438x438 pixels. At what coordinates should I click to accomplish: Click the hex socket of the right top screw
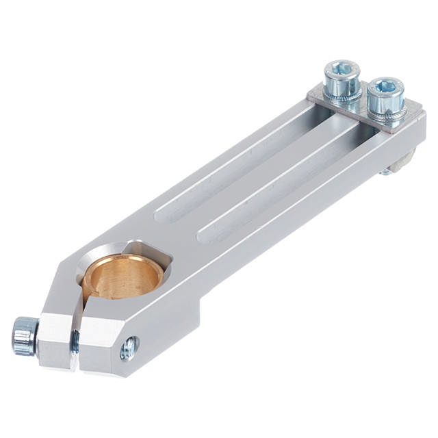pos(386,87)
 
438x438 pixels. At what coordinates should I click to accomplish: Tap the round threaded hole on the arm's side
pos(128,348)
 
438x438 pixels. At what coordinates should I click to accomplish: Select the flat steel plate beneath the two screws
pos(363,109)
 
